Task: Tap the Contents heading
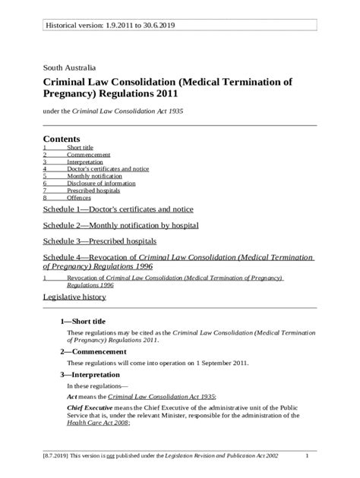coord(62,139)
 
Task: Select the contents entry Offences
coord(79,197)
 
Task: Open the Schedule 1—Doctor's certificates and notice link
coord(118,209)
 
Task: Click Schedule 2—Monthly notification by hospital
coord(121,225)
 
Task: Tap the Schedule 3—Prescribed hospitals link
coord(99,242)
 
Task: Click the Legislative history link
coord(74,298)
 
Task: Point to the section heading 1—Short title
coord(88,321)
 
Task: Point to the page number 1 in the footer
coord(307,455)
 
